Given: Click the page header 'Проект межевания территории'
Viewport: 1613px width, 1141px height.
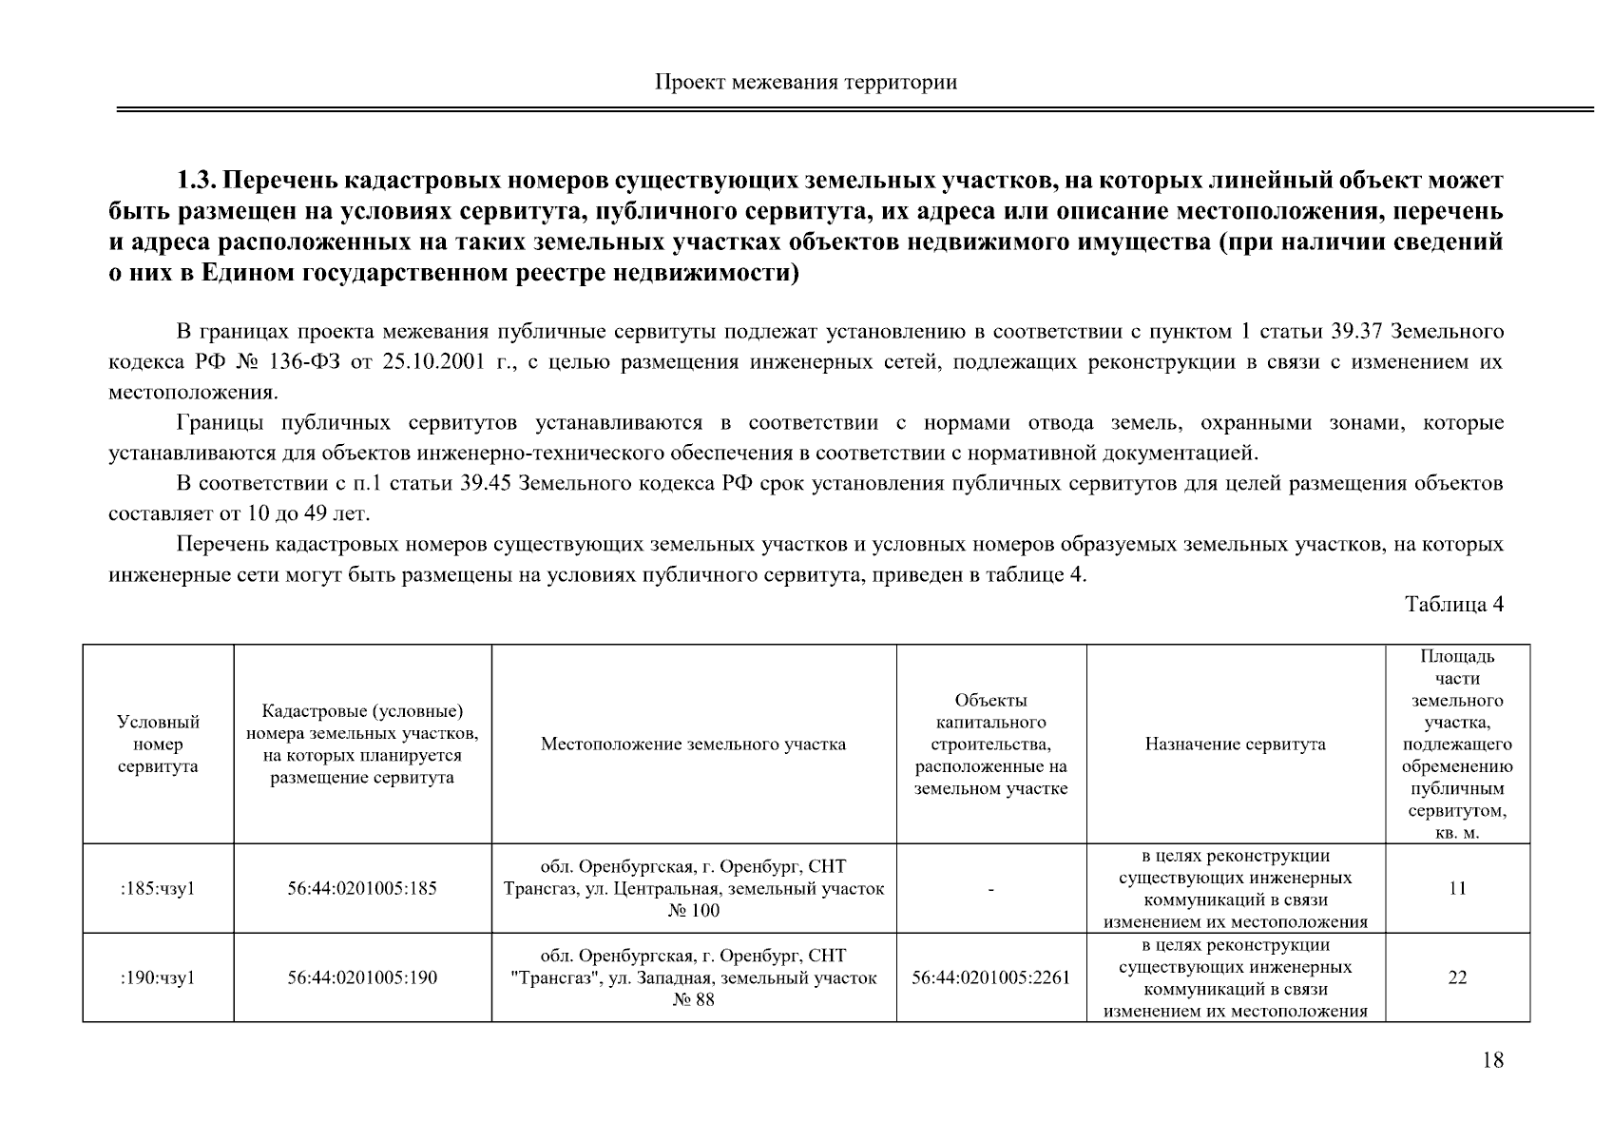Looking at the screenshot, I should pyautogui.click(x=806, y=82).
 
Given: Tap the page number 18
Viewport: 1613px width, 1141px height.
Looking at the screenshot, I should pyautogui.click(x=1492, y=1060).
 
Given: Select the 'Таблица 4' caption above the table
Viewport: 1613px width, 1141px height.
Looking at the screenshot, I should pyautogui.click(x=1454, y=605).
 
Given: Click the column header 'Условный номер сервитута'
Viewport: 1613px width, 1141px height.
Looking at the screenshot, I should pyautogui.click(x=158, y=745).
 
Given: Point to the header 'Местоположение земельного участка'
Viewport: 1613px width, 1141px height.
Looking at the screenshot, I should pyautogui.click(x=693, y=745).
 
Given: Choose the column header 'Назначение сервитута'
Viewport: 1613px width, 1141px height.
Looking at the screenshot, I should pyautogui.click(x=1235, y=745).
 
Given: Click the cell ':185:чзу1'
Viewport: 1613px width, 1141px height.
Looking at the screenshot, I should pyautogui.click(x=158, y=889).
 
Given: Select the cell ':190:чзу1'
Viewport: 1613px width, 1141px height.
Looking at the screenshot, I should pyautogui.click(x=158, y=977).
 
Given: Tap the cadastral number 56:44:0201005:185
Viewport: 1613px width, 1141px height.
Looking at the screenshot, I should pyautogui.click(x=362, y=889).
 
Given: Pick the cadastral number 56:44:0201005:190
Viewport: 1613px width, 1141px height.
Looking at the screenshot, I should pyautogui.click(x=362, y=977).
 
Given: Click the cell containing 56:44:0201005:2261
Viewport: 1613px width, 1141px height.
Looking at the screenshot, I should pyautogui.click(x=990, y=977).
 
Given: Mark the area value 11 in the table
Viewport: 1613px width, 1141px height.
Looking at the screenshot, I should pyautogui.click(x=1456, y=889).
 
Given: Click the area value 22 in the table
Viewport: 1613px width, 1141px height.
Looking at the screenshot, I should pyautogui.click(x=1456, y=977).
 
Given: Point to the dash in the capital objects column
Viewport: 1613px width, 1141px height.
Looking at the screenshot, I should pyautogui.click(x=990, y=890).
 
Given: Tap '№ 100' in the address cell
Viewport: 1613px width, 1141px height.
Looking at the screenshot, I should pyautogui.click(x=693, y=911).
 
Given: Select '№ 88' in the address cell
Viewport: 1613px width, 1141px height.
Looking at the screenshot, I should pyautogui.click(x=693, y=1000).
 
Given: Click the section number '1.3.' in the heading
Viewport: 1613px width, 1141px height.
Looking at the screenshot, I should pyautogui.click(x=197, y=181).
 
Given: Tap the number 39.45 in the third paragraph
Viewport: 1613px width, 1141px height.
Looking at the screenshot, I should pyautogui.click(x=486, y=484).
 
